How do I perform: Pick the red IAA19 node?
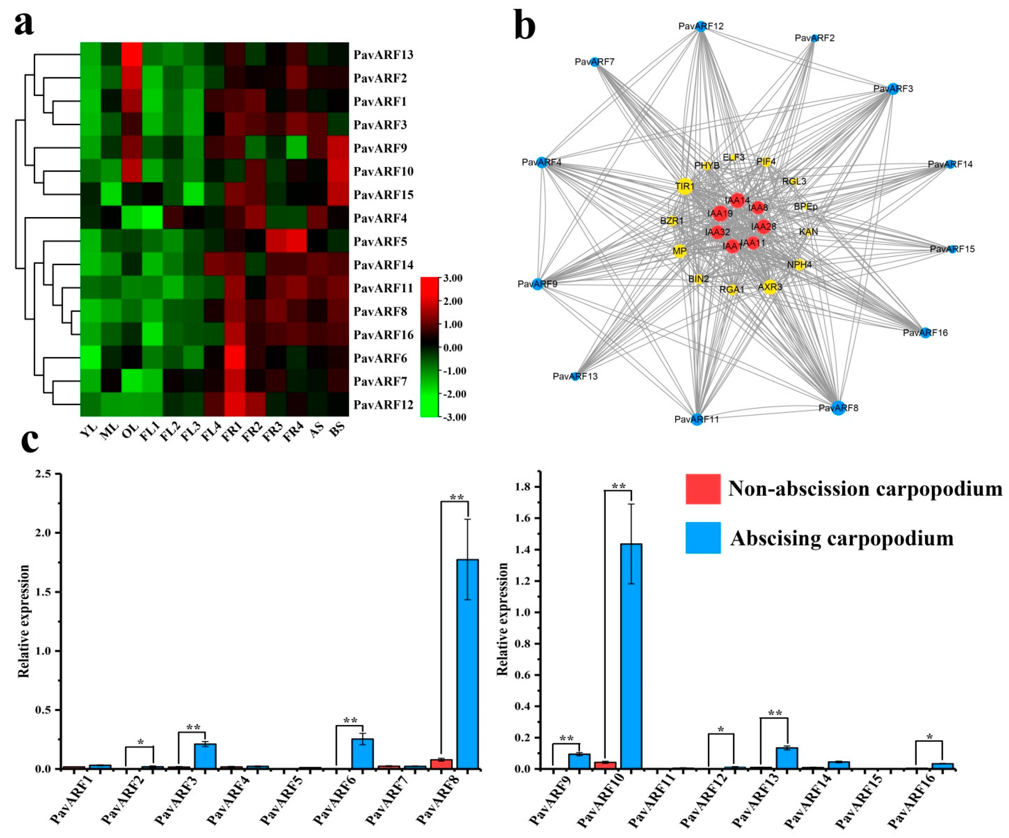(720, 213)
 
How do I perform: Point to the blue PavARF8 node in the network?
(838, 408)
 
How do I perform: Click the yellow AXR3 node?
(770, 287)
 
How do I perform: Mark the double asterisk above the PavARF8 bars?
(456, 498)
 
